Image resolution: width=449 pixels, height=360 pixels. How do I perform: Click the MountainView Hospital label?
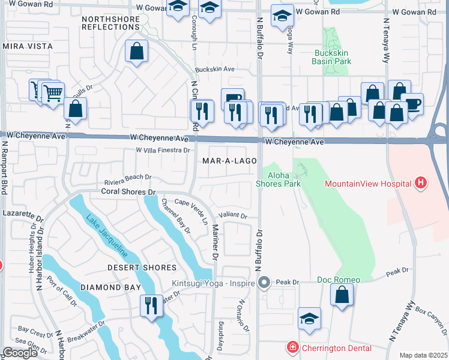[x=368, y=182]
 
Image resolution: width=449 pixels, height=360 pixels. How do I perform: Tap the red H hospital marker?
[x=421, y=182]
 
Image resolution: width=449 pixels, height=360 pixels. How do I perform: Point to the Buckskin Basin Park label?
[x=333, y=56]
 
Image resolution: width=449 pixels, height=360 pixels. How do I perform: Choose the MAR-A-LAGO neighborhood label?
[x=230, y=161]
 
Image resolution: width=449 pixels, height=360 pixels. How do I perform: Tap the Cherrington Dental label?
[x=336, y=348]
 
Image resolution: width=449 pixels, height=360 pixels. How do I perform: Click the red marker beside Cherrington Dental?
[x=292, y=347]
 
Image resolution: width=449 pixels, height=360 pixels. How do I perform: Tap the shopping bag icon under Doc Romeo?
[x=342, y=295]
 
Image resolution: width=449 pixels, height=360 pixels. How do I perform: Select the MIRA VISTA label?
[x=25, y=46]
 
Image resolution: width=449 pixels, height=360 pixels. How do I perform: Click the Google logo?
[x=20, y=353]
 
